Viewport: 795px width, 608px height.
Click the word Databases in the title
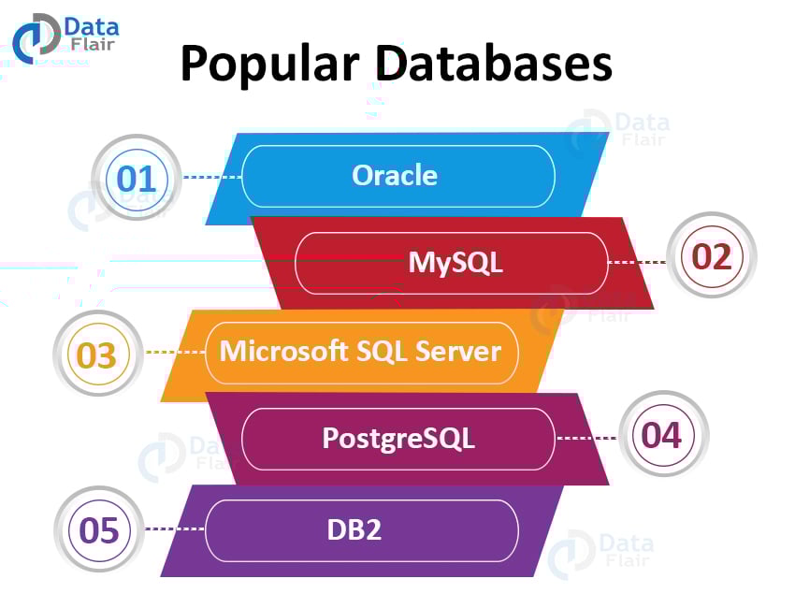pyautogui.click(x=494, y=64)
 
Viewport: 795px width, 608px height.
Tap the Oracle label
pyautogui.click(x=395, y=175)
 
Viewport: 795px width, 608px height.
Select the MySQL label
pyautogui.click(x=455, y=262)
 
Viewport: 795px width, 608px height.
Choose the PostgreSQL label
pyautogui.click(x=398, y=437)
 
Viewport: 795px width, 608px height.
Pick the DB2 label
pyautogui.click(x=354, y=529)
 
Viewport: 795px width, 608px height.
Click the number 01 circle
pyautogui.click(x=137, y=178)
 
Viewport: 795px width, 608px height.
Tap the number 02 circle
pyautogui.click(x=712, y=256)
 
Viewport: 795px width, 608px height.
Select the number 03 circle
pyautogui.click(x=97, y=355)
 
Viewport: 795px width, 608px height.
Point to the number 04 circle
pyautogui.click(x=662, y=436)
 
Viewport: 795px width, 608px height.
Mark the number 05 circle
pyautogui.click(x=99, y=531)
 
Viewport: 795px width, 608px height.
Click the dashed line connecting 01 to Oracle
pyautogui.click(x=211, y=176)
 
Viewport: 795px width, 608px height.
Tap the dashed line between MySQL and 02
pyautogui.click(x=637, y=262)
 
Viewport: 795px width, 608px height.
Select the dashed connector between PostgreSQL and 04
pyautogui.click(x=586, y=438)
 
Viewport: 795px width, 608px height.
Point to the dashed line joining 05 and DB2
pyautogui.click(x=175, y=529)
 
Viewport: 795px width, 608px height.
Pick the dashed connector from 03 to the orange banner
pyautogui.click(x=175, y=353)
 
